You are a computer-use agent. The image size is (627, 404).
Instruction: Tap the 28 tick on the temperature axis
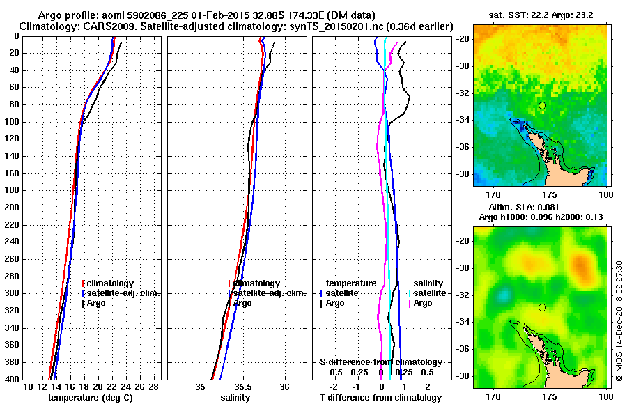coord(153,387)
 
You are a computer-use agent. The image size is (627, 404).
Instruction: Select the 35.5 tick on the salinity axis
coord(242,387)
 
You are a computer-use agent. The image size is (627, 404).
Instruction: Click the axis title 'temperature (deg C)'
coord(91,398)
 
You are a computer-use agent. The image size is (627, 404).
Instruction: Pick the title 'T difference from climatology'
coord(381,398)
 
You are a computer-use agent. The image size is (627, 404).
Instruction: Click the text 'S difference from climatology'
coord(380,362)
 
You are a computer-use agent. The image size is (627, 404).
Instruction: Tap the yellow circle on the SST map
coord(542,105)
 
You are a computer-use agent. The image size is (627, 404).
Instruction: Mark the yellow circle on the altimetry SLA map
coord(542,307)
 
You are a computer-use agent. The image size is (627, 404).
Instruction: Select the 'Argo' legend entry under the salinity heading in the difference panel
coord(423,303)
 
